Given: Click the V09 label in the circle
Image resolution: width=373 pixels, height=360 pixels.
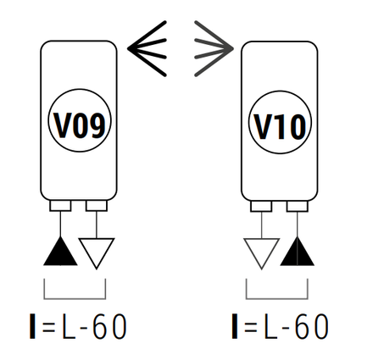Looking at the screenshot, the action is [80, 125].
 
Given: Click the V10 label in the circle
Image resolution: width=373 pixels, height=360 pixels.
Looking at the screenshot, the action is [280, 126].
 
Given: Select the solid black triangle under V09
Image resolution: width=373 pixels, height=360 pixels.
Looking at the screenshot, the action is [60, 252].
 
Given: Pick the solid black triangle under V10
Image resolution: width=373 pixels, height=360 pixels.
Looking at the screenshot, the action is [297, 252].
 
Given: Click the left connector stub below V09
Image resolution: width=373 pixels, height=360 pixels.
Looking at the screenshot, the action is [60, 206].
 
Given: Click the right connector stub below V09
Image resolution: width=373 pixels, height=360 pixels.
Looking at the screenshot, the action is [97, 206].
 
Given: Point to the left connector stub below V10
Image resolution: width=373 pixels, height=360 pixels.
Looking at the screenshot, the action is [261, 206].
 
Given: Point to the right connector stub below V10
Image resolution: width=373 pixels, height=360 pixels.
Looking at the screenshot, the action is [298, 206].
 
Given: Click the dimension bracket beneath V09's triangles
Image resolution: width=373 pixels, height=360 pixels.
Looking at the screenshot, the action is [75, 298].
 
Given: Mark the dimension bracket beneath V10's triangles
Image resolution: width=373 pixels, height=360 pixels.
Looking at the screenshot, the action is [277, 298].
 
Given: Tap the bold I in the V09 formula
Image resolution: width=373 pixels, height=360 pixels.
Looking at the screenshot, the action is [32, 326].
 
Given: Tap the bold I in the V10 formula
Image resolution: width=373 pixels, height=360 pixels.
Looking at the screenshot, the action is [235, 326].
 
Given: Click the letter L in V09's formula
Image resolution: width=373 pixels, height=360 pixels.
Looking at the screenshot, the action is [69, 326].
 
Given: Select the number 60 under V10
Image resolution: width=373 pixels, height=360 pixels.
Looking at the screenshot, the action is [312, 326].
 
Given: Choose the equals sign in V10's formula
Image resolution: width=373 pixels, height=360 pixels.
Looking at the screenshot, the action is [251, 328].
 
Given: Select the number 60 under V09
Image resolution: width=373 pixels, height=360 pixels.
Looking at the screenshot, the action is [109, 326].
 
